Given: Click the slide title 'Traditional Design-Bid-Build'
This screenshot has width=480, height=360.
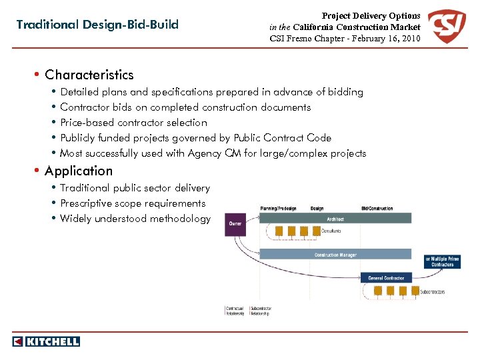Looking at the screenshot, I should coord(97,25).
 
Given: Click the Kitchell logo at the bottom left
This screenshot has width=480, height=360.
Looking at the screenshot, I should coord(46,341).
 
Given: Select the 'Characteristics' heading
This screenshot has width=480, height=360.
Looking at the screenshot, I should coord(89,75).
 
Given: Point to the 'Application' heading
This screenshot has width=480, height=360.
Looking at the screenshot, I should coord(79,171).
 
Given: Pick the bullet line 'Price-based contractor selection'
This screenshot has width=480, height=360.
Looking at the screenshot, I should coord(133,123).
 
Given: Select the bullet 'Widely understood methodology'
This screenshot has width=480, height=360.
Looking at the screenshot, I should coord(135,219).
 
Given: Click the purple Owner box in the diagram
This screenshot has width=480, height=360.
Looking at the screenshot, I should coord(236,224).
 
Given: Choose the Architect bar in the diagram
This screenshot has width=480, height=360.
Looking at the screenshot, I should coord(335,219).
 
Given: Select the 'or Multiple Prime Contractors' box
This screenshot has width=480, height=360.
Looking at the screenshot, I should coord(442,261).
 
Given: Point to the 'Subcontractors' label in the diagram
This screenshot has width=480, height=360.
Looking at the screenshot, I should coord(433,292).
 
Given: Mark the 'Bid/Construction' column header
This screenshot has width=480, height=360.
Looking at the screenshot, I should coord(377,209).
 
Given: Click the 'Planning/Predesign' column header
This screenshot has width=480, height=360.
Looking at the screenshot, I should coord(279,209).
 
